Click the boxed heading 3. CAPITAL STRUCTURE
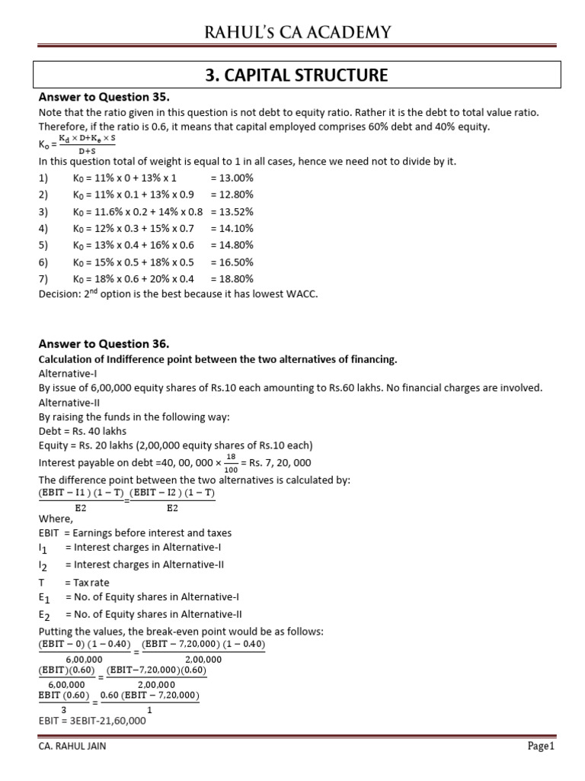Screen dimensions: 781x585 click(x=297, y=75)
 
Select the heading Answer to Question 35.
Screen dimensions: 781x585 click(x=104, y=98)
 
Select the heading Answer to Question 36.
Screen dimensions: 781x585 click(x=104, y=344)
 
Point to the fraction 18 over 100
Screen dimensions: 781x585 click(x=229, y=462)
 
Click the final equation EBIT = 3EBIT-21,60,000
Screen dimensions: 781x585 click(x=91, y=719)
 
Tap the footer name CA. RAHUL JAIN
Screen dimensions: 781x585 click(x=72, y=747)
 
